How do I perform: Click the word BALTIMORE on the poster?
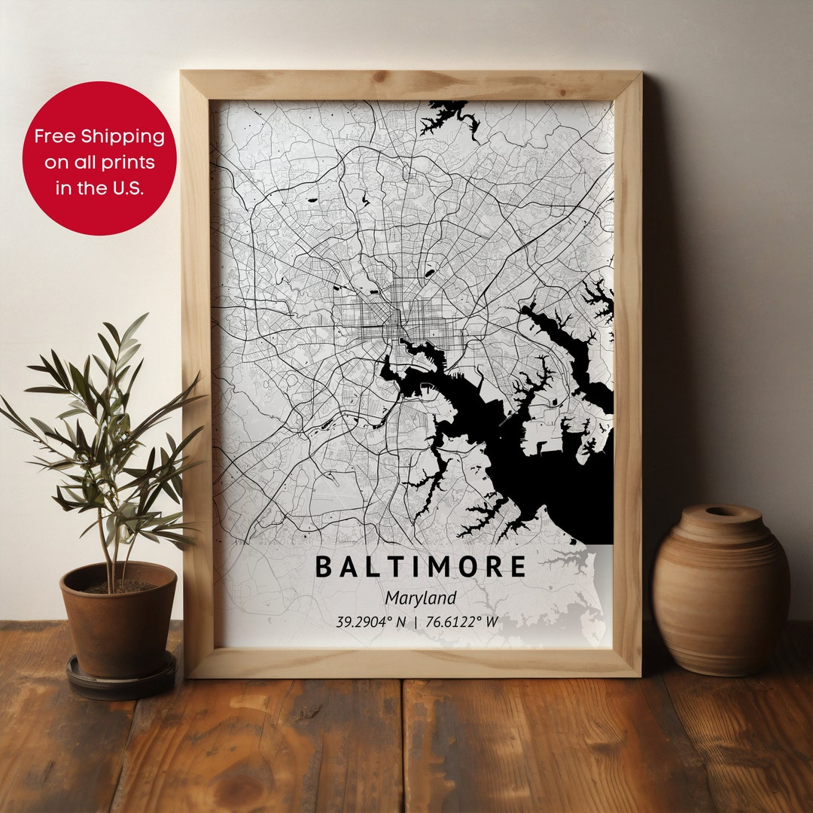420,567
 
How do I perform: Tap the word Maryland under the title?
421,598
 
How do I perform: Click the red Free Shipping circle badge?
99,158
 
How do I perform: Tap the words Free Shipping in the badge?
99,136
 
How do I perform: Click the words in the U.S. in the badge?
99,188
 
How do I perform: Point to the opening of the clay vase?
721,513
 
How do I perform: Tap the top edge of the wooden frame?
411,85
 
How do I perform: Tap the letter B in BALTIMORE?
323,567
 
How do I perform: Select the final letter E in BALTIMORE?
517,567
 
